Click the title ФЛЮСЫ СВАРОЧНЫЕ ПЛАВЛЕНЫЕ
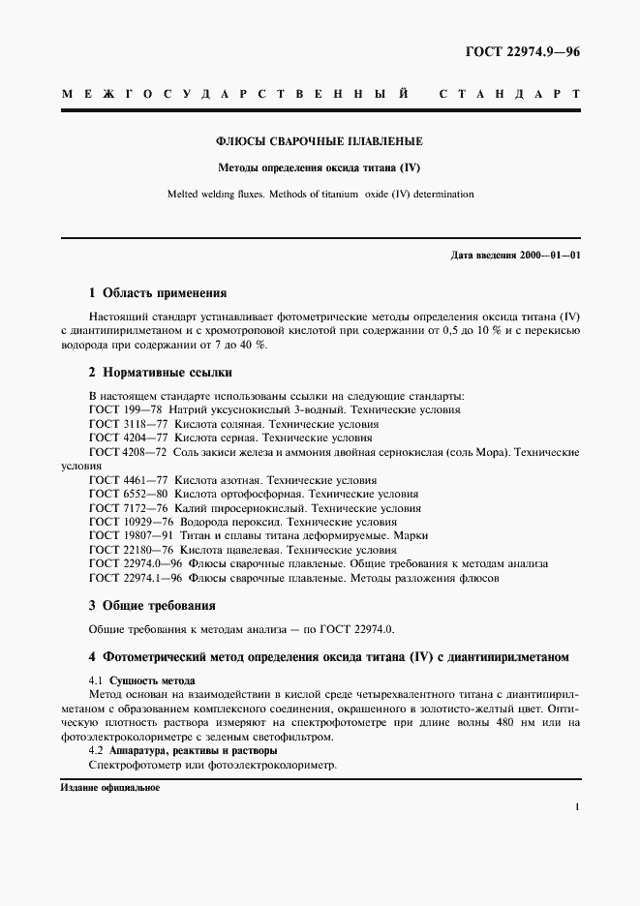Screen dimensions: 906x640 coord(320,141)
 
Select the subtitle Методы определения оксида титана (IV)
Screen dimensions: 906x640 coord(320,166)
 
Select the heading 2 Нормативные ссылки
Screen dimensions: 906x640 coord(160,372)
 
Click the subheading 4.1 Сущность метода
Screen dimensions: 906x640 coord(141,680)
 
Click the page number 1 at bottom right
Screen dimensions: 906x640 coord(577,805)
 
